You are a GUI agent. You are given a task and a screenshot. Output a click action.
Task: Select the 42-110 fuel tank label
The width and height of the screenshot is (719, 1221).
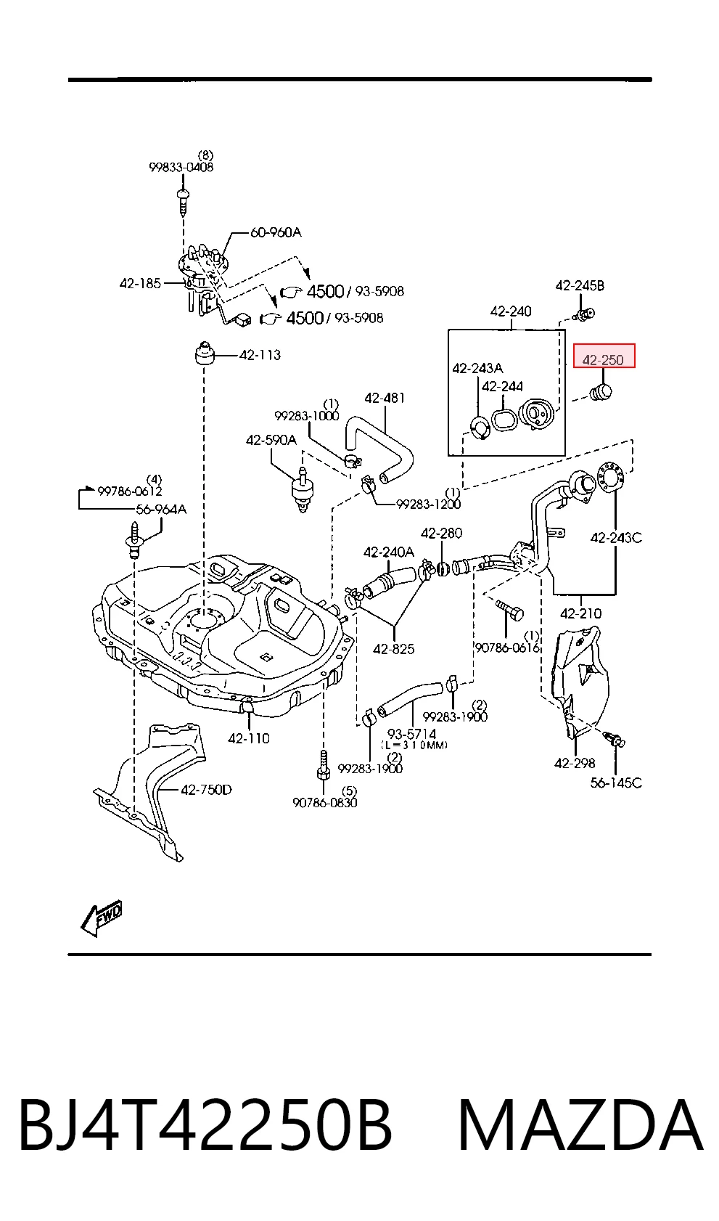coord(249,738)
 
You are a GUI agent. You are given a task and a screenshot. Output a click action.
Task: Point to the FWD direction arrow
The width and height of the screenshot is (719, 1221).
coord(102,918)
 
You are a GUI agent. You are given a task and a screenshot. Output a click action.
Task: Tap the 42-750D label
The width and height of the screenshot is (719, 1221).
coord(206,789)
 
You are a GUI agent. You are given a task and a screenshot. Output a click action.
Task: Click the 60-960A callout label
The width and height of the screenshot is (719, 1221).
coord(276,232)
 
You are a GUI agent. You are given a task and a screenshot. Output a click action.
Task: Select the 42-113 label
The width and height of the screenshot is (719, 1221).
coord(260,355)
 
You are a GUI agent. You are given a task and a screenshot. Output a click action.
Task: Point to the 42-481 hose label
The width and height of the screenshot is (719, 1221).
coord(385,398)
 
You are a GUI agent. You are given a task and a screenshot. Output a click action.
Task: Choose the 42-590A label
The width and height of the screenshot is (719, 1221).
coord(271,440)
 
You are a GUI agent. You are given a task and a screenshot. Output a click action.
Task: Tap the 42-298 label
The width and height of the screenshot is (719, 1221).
coord(575,763)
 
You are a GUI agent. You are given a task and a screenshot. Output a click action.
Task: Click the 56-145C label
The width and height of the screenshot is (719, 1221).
coord(616,783)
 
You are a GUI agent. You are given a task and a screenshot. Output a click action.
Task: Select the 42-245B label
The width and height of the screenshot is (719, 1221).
coord(580,285)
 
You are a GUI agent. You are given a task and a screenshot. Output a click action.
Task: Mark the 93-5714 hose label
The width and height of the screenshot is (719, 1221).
coord(412,734)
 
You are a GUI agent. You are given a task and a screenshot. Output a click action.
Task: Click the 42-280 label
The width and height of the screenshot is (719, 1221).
coord(441,533)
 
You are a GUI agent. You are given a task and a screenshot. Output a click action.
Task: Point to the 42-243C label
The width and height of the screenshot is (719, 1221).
coord(616,538)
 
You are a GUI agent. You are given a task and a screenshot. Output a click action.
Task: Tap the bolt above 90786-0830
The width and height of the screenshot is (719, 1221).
coord(323,765)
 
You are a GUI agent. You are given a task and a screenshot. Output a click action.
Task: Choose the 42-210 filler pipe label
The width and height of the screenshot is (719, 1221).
coord(580,613)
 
